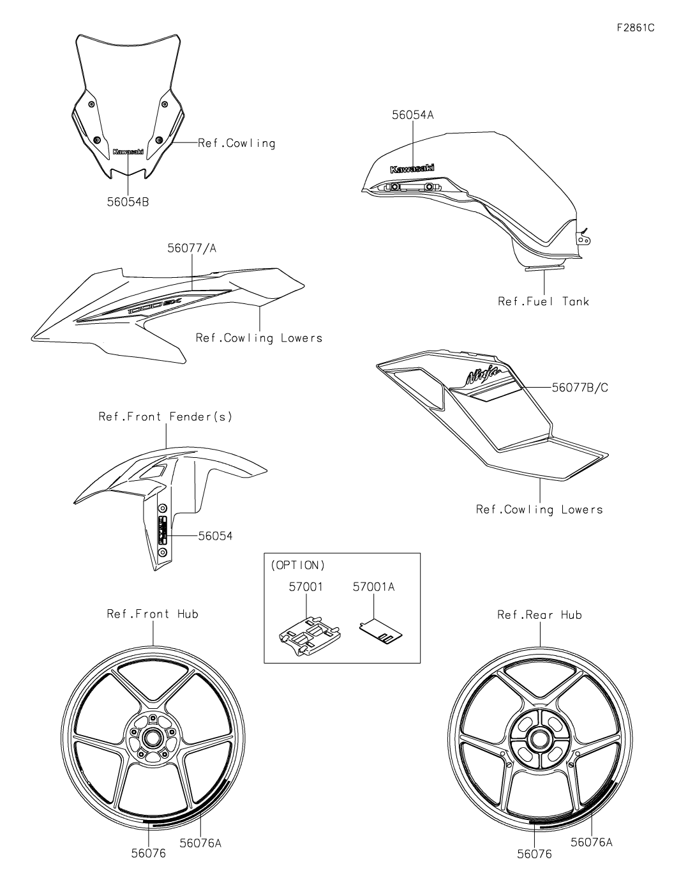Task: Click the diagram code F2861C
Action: (x=636, y=28)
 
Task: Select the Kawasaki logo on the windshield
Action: (x=128, y=152)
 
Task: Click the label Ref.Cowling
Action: (x=236, y=143)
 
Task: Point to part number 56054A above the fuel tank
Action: (x=412, y=115)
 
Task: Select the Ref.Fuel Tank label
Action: (x=543, y=301)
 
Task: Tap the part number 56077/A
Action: (x=192, y=248)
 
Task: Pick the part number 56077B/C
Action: (x=580, y=387)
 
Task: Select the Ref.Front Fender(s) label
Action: (x=165, y=417)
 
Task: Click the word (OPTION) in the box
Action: (x=297, y=565)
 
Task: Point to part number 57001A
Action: (x=373, y=586)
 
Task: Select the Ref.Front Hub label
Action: (x=153, y=614)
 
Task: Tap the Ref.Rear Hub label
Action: (x=539, y=615)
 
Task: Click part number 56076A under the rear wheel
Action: (x=591, y=842)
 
